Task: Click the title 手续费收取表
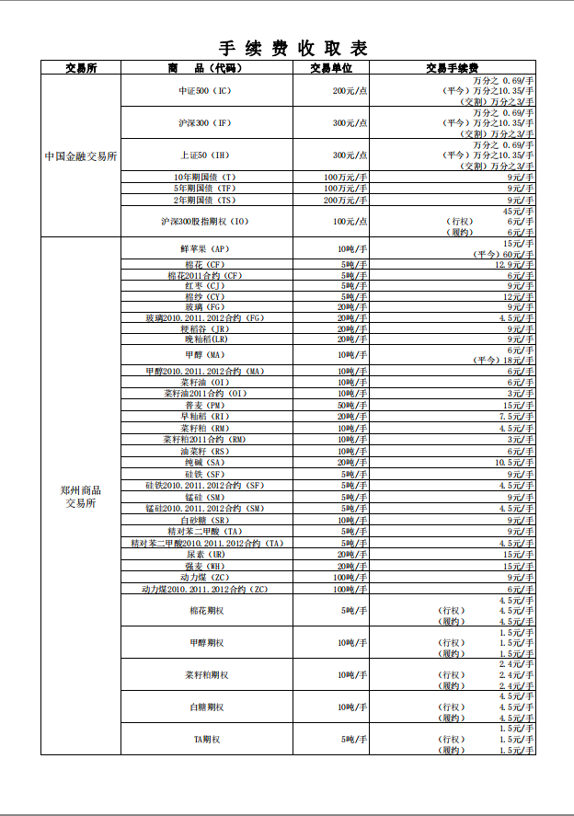point(293,49)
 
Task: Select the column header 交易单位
point(330,68)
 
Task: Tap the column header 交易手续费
point(452,68)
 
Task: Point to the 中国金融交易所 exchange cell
point(81,156)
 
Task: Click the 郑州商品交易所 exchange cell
point(81,497)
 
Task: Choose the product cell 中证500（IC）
point(206,91)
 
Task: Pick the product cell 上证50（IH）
point(206,155)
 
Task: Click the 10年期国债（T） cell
point(206,177)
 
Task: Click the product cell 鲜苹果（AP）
point(205,249)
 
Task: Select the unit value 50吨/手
point(352,405)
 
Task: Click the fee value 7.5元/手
point(517,416)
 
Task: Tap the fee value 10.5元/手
point(514,463)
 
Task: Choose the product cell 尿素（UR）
point(205,555)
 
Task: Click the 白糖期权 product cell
point(206,707)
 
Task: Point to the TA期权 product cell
point(206,739)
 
